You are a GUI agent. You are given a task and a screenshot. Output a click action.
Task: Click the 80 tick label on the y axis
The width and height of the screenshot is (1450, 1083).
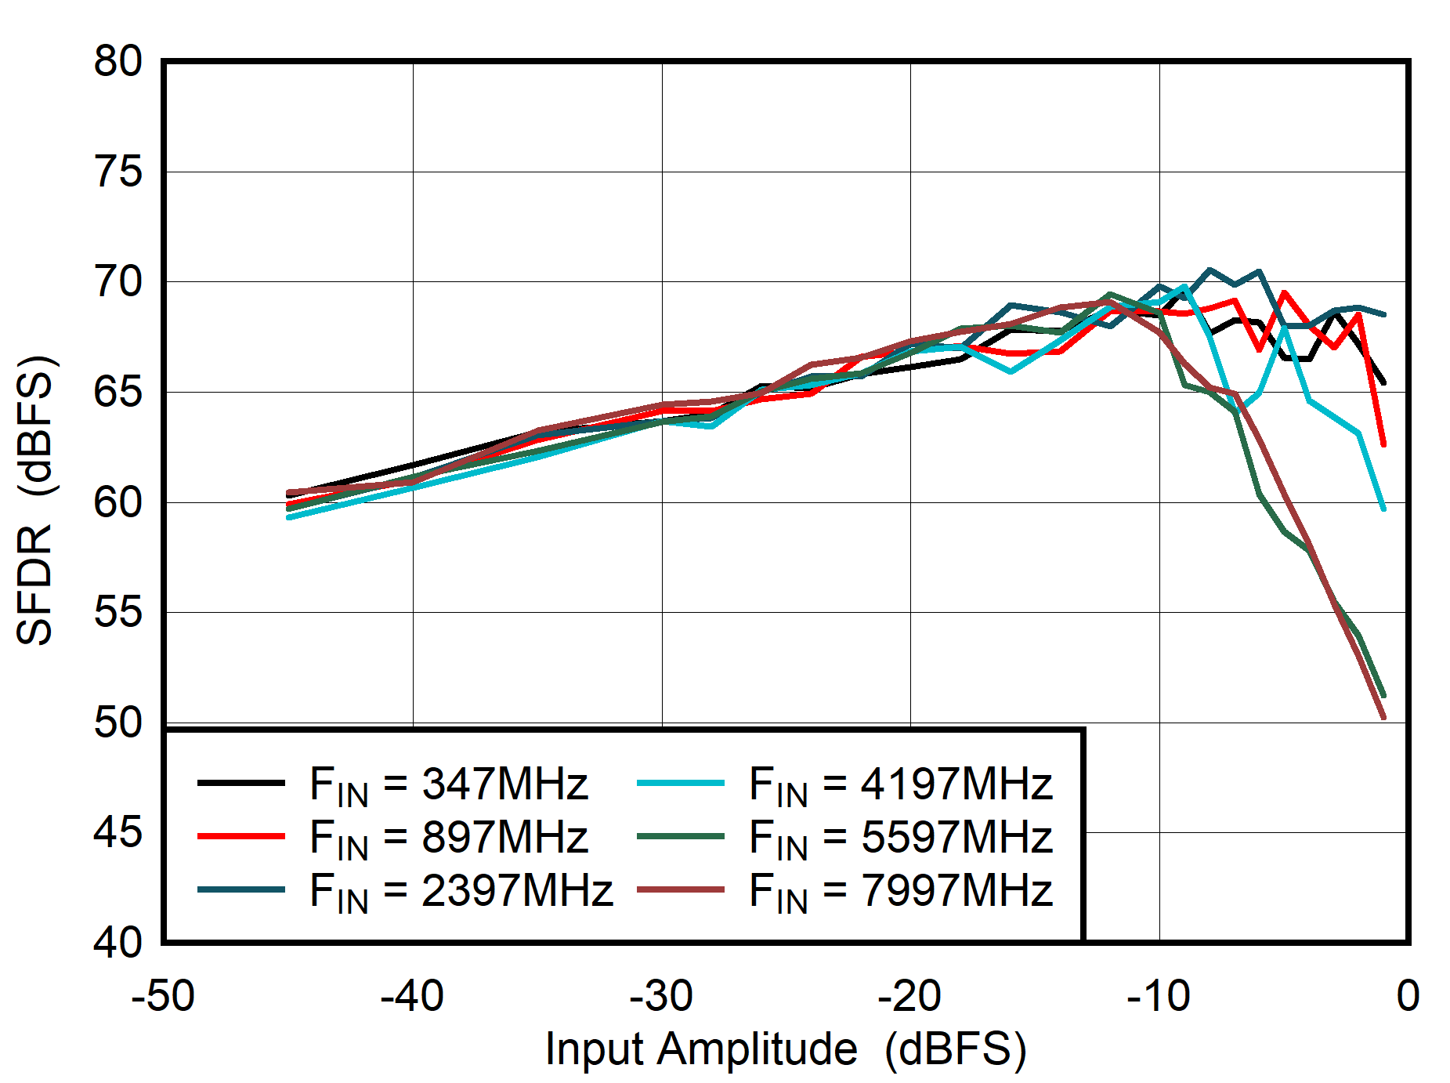118,61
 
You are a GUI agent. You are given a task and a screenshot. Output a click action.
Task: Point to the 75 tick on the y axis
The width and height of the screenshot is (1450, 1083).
118,172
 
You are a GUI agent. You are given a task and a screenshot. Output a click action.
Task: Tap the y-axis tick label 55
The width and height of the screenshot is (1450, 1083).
118,612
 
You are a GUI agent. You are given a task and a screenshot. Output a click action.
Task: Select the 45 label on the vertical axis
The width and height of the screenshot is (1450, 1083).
118,832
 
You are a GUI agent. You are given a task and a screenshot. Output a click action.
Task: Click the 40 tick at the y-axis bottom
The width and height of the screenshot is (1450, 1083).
118,942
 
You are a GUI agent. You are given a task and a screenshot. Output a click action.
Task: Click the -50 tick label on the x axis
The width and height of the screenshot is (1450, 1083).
163,997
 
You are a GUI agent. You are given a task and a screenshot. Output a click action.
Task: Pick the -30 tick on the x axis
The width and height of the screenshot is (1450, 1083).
661,997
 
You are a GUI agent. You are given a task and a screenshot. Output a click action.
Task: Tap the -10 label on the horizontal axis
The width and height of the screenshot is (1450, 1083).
1159,997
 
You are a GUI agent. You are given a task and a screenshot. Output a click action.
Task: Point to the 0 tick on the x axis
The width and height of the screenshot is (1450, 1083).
1407,997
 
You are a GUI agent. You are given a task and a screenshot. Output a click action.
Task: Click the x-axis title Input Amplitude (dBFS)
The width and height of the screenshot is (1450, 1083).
785,1049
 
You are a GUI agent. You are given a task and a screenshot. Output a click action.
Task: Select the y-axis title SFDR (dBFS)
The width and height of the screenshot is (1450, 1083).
36,502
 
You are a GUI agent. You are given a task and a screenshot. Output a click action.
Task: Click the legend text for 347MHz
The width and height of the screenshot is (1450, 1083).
448,784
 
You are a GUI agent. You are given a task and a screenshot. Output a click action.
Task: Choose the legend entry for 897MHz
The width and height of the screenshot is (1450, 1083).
448,837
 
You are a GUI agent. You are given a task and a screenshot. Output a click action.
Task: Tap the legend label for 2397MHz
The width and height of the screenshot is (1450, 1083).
461,890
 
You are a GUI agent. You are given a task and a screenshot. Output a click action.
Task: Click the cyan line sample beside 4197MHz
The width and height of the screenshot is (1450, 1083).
680,783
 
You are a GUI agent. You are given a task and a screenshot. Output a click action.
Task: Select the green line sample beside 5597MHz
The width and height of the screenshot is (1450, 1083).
680,836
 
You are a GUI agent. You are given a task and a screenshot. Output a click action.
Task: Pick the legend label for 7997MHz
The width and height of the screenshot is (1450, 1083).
900,890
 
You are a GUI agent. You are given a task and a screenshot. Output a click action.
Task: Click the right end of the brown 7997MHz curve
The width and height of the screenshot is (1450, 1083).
1383,716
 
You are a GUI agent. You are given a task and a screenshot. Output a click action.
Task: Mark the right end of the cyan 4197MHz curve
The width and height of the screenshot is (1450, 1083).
1383,509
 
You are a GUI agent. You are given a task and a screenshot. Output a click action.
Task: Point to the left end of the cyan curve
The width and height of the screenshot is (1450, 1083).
290,517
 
